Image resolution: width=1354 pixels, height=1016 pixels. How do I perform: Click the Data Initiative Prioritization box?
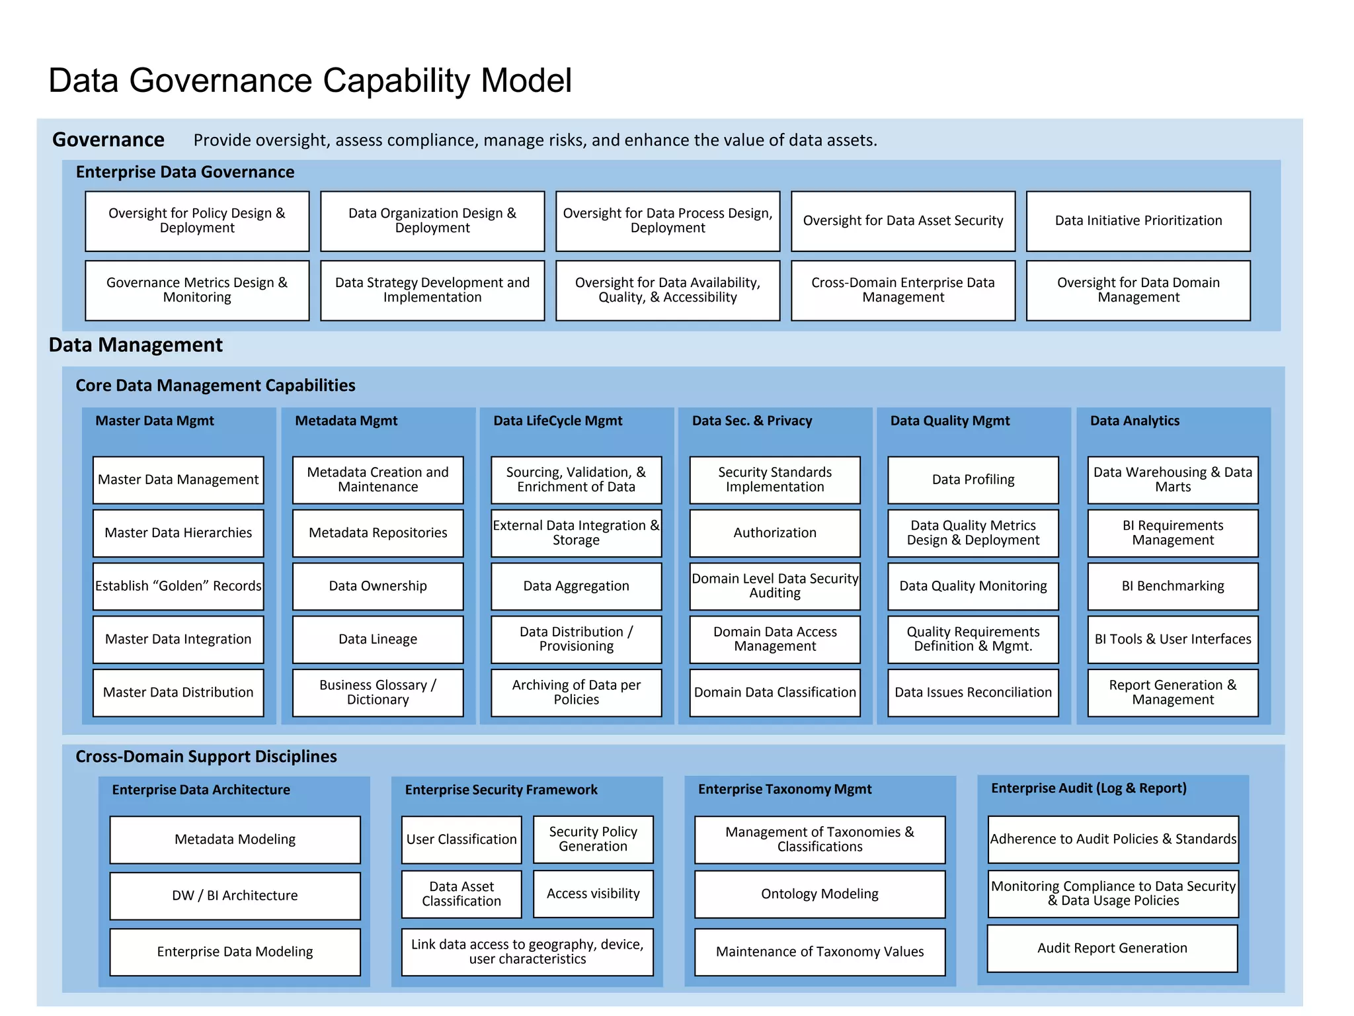pyautogui.click(x=1138, y=221)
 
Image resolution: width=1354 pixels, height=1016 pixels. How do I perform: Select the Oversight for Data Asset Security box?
pyautogui.click(x=902, y=221)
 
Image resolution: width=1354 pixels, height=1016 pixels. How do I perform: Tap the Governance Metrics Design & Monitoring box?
pyautogui.click(x=197, y=290)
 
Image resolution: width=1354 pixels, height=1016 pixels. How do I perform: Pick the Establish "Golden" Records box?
pyautogui.click(x=178, y=586)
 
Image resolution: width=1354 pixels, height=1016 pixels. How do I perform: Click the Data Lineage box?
pyautogui.click(x=378, y=639)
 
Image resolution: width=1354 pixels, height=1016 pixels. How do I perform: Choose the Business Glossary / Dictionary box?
pyautogui.click(x=378, y=693)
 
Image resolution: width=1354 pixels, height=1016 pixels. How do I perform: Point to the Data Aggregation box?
pyautogui.click(x=576, y=586)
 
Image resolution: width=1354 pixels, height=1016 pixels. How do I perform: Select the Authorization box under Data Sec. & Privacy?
pyautogui.click(x=775, y=533)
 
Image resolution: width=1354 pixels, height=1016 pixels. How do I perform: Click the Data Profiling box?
pyautogui.click(x=973, y=480)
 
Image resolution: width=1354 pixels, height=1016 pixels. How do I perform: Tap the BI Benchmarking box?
pyautogui.click(x=1172, y=586)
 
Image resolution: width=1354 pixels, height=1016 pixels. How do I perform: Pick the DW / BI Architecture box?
pyautogui.click(x=235, y=896)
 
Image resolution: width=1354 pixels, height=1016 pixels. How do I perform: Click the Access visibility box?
pyautogui.click(x=593, y=894)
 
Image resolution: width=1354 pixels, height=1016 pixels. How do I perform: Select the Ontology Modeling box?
pyautogui.click(x=820, y=894)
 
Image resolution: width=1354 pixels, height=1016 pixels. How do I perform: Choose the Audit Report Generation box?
pyautogui.click(x=1112, y=948)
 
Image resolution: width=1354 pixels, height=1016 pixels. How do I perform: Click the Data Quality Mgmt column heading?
pyautogui.click(x=949, y=421)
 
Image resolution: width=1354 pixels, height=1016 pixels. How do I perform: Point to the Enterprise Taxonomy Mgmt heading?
pyautogui.click(x=785, y=789)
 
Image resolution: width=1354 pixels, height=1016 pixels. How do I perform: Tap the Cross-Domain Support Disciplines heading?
pyautogui.click(x=206, y=757)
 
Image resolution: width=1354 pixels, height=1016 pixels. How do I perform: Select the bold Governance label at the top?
pyautogui.click(x=108, y=140)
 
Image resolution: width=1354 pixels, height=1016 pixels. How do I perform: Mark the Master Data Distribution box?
pyautogui.click(x=178, y=693)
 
